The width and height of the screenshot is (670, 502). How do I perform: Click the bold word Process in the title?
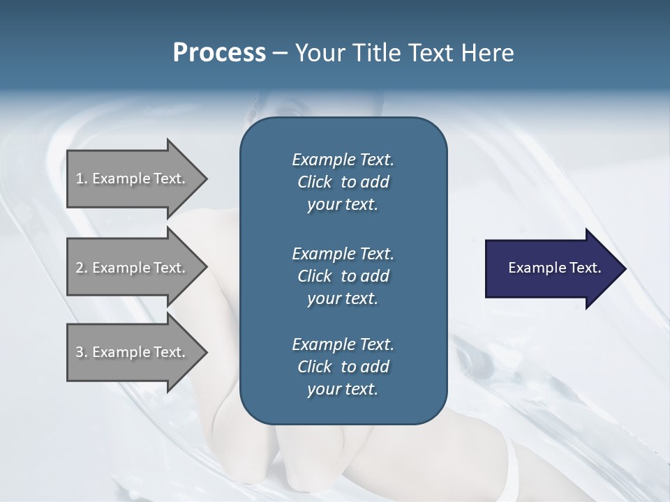(219, 53)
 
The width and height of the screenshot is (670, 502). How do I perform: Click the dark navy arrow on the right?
(551, 268)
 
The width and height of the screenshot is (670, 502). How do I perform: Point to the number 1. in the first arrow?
(82, 178)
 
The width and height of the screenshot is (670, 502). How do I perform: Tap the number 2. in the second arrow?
(82, 268)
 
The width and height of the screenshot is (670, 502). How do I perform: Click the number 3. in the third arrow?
(82, 352)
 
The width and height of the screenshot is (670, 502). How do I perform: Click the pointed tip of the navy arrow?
(623, 268)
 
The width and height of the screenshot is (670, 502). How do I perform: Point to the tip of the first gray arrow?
(204, 178)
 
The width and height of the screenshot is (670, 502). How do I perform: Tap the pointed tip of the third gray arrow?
(204, 352)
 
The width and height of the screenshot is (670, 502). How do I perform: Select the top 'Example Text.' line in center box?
(343, 160)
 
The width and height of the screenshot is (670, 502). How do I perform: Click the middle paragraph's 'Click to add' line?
(343, 276)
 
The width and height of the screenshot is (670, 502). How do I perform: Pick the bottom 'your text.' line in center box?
(343, 390)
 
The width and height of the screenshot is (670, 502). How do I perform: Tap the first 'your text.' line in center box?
(343, 205)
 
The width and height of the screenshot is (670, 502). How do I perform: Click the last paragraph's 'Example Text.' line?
(343, 344)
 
